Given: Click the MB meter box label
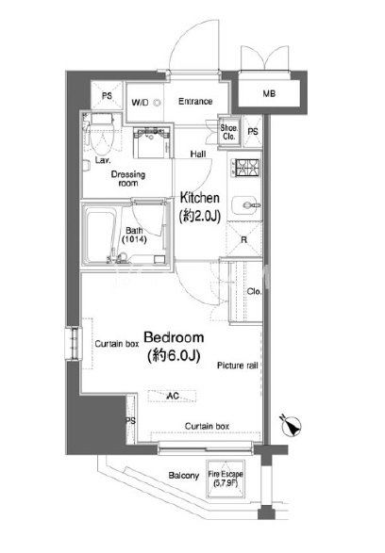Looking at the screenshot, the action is [x=269, y=94].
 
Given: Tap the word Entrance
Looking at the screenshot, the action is [x=195, y=102].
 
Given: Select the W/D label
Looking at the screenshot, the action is [x=140, y=103].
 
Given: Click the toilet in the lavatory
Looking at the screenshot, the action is [x=100, y=134].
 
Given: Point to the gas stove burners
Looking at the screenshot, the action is [x=246, y=168].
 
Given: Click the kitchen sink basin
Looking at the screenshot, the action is [x=246, y=205].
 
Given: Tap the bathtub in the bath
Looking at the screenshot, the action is [x=100, y=235].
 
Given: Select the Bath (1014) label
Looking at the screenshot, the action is [x=134, y=235].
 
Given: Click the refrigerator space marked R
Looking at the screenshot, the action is [x=244, y=240].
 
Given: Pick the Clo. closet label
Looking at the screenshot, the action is [x=255, y=292].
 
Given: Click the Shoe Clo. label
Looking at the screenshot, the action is [x=229, y=132].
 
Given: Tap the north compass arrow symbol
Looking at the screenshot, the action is [x=292, y=426].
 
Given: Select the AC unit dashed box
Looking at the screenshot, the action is [x=173, y=396].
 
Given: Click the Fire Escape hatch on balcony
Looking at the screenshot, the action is [x=226, y=479].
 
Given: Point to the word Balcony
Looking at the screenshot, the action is [x=184, y=476].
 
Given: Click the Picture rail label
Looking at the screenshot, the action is [x=238, y=366].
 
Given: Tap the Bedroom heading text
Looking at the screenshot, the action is [x=174, y=337].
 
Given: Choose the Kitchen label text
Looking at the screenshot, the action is [x=200, y=198].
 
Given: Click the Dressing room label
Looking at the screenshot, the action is [x=128, y=179].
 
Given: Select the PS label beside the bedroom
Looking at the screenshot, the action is [x=130, y=421].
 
